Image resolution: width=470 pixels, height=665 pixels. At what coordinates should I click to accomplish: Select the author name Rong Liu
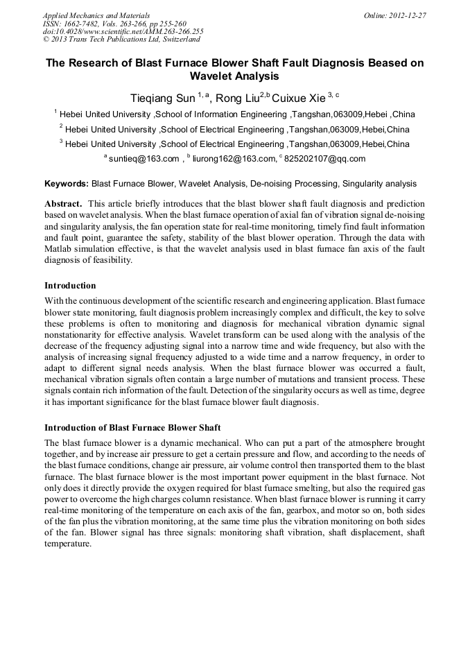pos(236,97)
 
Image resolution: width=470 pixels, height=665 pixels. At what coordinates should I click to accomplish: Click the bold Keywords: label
pos(67,184)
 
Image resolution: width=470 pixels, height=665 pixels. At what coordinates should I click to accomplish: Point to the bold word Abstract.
pos(64,205)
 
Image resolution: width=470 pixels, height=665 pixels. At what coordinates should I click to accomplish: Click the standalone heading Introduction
pos(70,286)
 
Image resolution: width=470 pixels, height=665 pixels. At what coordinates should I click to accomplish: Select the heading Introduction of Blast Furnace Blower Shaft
pos(132,427)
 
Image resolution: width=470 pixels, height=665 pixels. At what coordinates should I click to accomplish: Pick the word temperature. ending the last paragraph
pos(68,544)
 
